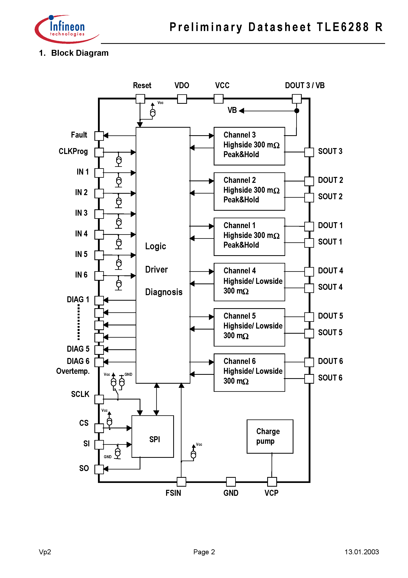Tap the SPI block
tap(153, 436)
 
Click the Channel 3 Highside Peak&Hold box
tap(249, 146)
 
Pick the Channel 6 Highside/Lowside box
tap(249, 372)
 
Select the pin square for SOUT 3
tap(309, 152)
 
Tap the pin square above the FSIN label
tap(181, 482)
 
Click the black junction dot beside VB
tap(297, 110)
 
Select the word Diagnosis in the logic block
tap(164, 292)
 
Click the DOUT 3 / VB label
tap(305, 86)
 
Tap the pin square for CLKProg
tap(99, 152)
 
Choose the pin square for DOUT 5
tap(309, 317)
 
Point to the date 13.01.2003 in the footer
tap(361, 552)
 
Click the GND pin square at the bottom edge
tap(231, 482)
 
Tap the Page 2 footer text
tap(204, 552)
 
